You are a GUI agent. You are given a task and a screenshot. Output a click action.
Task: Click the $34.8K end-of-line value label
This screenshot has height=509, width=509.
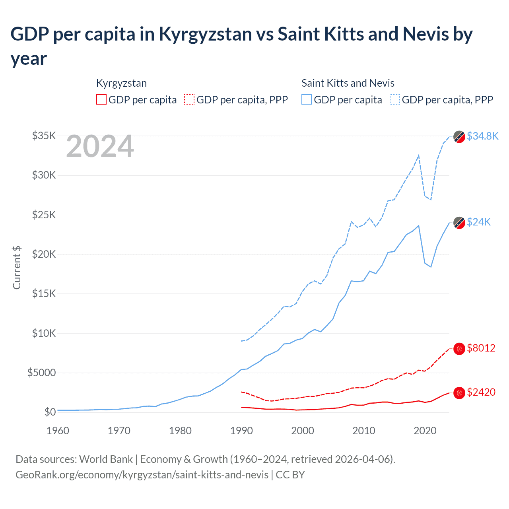point(482,136)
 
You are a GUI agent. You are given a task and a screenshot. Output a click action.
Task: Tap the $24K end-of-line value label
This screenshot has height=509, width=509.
point(479,222)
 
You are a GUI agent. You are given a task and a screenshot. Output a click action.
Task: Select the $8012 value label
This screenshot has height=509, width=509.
point(481,348)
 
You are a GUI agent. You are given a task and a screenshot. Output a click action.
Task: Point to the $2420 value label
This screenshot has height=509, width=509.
point(481,392)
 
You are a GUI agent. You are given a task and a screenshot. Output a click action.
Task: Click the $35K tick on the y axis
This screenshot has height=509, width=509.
point(44,136)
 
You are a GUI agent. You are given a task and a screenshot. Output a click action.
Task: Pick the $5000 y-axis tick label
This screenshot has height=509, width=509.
point(42,373)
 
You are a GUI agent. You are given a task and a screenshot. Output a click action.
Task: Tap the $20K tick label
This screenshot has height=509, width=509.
point(44,254)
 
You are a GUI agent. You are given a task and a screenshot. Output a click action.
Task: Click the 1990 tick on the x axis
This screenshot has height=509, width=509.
point(241,431)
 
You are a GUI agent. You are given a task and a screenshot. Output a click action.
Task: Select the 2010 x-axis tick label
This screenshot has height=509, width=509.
point(364,431)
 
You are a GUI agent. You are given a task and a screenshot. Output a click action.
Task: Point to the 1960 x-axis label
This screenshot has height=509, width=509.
point(58,431)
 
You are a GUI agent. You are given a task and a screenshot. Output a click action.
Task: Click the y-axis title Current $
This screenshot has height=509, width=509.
point(17,267)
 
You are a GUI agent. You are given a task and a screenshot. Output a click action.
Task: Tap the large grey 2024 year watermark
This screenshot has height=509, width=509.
point(100,146)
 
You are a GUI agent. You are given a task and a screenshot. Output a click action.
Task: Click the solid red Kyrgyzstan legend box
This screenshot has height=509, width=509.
point(101,99)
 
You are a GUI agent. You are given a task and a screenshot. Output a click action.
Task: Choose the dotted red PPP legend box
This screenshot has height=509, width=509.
point(189,99)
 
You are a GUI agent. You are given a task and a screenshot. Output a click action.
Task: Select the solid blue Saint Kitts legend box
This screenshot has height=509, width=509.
point(307,99)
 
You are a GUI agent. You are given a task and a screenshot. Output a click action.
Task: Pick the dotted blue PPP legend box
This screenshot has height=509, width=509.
point(395,99)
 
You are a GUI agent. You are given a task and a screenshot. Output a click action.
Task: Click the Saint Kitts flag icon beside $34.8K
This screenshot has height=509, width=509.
point(459,136)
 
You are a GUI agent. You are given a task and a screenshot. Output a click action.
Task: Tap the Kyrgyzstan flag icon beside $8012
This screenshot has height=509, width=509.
point(459,349)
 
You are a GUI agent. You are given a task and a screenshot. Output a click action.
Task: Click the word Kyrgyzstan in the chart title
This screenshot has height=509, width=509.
point(205,34)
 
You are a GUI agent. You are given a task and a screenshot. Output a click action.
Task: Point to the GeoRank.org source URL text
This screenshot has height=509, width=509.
point(142,475)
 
